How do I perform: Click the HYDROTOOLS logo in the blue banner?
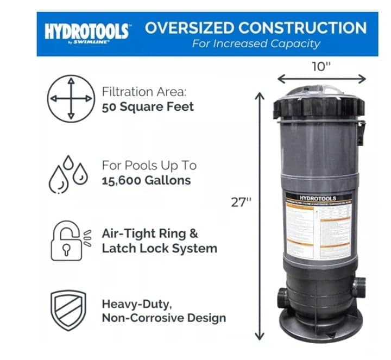point(87,31)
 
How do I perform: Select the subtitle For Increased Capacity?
point(256,44)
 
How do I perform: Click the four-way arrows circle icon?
point(70,99)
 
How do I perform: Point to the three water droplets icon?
point(67,174)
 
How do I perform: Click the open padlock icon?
point(68,241)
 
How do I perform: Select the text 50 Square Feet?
point(148,106)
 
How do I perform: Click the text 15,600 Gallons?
point(147,180)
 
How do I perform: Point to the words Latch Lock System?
point(160,248)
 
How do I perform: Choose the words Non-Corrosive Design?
point(163,318)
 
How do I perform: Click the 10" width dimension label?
point(321,66)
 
